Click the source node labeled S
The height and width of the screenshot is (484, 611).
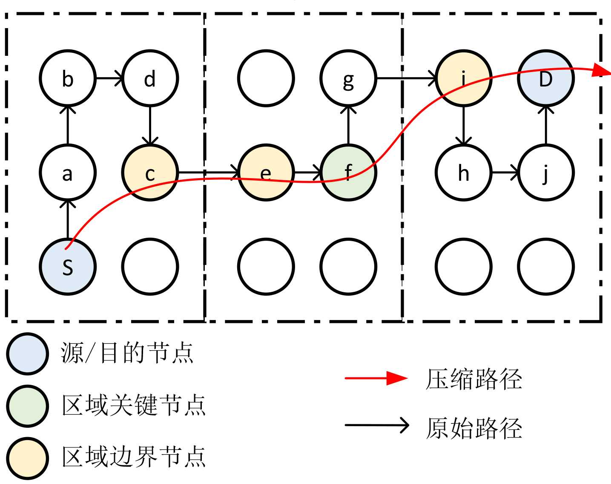pyautogui.click(x=67, y=267)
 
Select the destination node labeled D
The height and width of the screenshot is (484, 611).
pyautogui.click(x=545, y=78)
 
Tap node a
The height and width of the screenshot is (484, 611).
pyautogui.click(x=67, y=173)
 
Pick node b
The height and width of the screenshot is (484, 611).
pyautogui.click(x=67, y=78)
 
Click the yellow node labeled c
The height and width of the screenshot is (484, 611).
pyautogui.click(x=149, y=173)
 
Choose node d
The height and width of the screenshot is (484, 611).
pyautogui.click(x=149, y=78)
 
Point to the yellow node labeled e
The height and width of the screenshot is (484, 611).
pyautogui.click(x=266, y=173)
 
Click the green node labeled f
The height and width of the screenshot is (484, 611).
pyautogui.click(x=348, y=173)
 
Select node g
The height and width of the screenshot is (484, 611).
pyautogui.click(x=348, y=78)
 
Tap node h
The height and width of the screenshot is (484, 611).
pyautogui.click(x=463, y=173)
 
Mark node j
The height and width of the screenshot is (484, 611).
pyautogui.click(x=545, y=173)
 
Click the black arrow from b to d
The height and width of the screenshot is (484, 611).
pyautogui.click(x=109, y=78)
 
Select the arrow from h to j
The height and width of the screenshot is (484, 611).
pyautogui.click(x=505, y=173)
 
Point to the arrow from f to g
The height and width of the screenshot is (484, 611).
pyautogui.click(x=348, y=126)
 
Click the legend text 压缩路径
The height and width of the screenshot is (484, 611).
pyautogui.click(x=473, y=379)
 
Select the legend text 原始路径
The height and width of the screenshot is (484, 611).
pyautogui.click(x=473, y=427)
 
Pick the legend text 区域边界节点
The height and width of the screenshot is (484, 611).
pyautogui.click(x=134, y=457)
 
